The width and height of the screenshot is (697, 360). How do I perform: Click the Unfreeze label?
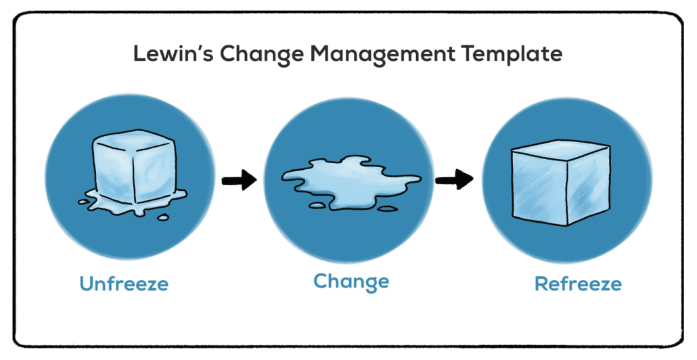click(x=124, y=283)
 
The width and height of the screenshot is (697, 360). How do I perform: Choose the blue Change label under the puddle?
click(x=351, y=281)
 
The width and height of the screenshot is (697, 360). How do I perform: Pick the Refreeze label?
click(x=578, y=283)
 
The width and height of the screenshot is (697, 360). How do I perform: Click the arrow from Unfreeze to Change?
click(x=239, y=180)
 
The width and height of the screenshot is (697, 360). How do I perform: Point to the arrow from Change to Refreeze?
click(x=453, y=180)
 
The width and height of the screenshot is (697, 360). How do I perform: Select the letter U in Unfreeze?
click(x=87, y=283)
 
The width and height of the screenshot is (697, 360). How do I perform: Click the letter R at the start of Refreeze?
click(x=541, y=283)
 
